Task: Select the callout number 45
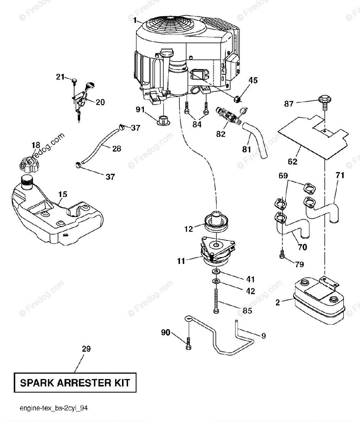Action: [253, 81]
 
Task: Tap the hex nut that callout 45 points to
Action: [237, 99]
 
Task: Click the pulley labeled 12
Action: [216, 222]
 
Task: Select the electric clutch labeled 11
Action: [218, 252]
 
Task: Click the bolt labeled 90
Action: [188, 344]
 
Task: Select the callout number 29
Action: [86, 349]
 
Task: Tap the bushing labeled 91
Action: [164, 121]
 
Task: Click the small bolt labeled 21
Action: [74, 80]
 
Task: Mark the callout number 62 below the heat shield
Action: [292, 162]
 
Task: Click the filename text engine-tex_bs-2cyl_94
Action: [54, 408]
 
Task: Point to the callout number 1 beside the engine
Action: [135, 20]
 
